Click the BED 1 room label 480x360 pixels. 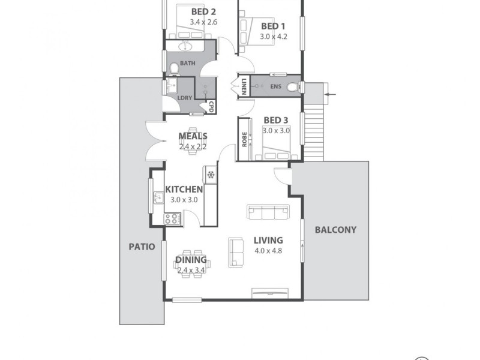[273, 26]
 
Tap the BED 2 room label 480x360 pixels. [203, 12]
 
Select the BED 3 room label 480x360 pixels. [276, 121]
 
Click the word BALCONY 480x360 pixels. [335, 229]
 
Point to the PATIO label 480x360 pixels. [142, 246]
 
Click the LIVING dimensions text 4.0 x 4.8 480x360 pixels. [268, 251]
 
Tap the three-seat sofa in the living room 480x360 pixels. [268, 212]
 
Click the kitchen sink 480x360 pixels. [158, 197]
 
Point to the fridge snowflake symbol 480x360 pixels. [211, 175]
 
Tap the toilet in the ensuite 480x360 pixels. [292, 88]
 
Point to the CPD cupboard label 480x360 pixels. [211, 107]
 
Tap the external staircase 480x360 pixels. [314, 133]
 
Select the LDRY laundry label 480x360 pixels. [185, 98]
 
